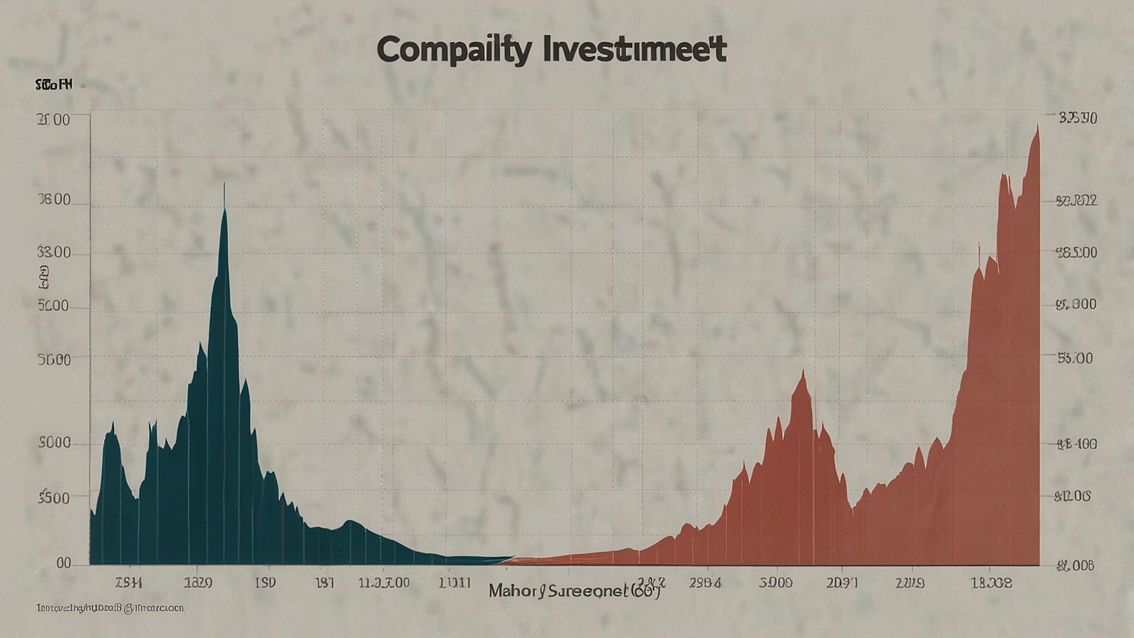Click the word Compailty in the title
click(x=453, y=51)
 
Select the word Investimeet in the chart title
click(x=635, y=50)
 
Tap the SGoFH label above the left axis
click(x=53, y=85)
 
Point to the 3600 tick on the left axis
click(x=53, y=200)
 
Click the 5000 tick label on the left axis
click(x=53, y=443)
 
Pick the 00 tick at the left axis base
click(x=63, y=563)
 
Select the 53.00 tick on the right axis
click(x=1075, y=358)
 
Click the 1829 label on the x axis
click(x=197, y=582)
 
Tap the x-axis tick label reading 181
click(x=324, y=582)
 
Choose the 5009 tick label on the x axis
click(x=776, y=582)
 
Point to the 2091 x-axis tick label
click(x=842, y=582)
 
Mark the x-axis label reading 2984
click(x=705, y=582)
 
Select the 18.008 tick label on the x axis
click(x=991, y=582)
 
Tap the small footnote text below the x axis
click(x=110, y=608)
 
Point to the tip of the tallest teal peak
click(x=224, y=185)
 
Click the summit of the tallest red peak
click(x=1037, y=126)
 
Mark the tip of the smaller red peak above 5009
click(x=803, y=371)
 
